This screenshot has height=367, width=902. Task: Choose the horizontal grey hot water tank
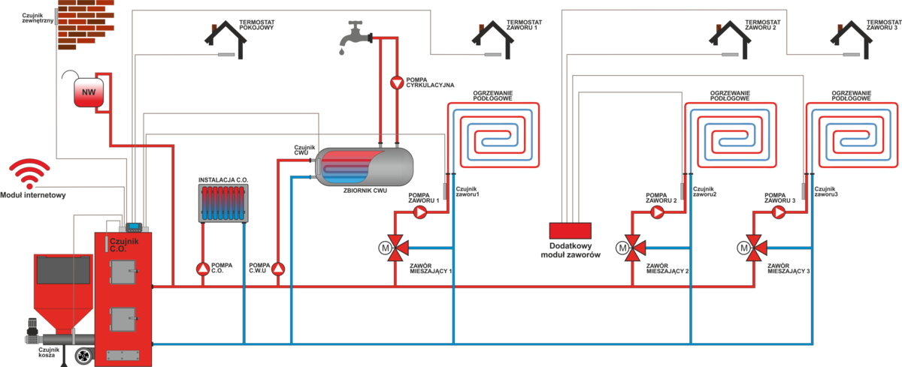point(365,167)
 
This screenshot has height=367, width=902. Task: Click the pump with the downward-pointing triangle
point(397,83)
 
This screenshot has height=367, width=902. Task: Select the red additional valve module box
point(571,230)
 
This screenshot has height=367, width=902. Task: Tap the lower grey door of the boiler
point(123,319)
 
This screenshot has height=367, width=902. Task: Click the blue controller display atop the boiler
point(135,224)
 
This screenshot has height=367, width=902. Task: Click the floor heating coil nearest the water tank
point(493,134)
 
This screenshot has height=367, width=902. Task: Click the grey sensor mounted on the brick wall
point(57,17)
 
